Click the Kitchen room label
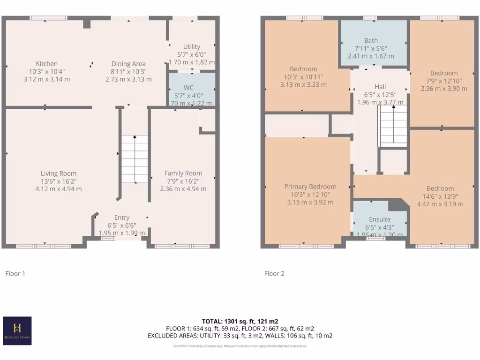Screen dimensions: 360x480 coord(47,64)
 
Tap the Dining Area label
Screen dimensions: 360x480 coord(128,64)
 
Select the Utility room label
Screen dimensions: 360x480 coord(192,47)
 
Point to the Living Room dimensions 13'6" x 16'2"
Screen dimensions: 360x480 coord(58,181)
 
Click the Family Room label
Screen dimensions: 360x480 coord(183,173)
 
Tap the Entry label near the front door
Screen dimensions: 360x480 coord(122,217)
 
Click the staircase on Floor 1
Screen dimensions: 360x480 coord(135,159)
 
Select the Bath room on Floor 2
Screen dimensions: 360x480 coord(371,41)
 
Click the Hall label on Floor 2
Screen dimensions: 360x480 coord(380,87)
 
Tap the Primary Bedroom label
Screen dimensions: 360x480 coord(310,187)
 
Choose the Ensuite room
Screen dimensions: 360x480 coord(380,219)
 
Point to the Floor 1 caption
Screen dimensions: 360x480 coord(15,273)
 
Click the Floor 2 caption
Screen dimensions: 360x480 coord(274,273)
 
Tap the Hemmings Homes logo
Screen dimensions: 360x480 coord(17,330)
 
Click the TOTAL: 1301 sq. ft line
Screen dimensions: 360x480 coord(240,321)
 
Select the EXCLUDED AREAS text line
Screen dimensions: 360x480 coord(240,336)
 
